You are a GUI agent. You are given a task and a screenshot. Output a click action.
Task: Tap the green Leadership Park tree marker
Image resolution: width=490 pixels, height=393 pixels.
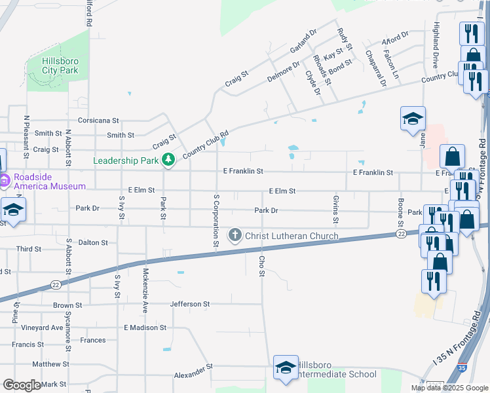[168, 160]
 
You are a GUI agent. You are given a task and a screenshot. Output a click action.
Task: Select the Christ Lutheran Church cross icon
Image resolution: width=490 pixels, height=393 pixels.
[235, 235]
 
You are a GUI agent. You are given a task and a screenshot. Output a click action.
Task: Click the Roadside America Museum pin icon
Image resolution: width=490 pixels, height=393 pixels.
[4, 179]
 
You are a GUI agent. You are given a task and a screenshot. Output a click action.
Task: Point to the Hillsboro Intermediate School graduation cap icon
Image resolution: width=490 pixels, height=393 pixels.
[285, 368]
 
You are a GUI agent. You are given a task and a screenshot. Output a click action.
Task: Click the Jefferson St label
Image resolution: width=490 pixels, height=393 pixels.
[189, 304]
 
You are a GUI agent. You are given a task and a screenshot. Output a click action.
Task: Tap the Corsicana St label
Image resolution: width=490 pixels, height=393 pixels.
[98, 121]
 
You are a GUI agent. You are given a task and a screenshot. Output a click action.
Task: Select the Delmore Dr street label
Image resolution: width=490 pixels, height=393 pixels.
[283, 71]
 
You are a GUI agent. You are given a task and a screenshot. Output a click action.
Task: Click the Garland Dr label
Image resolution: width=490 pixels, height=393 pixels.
[303, 41]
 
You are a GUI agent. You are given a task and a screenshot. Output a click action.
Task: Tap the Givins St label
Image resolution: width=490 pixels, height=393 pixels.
[335, 204]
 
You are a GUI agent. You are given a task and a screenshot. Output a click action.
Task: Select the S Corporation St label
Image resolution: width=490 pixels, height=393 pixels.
[216, 221]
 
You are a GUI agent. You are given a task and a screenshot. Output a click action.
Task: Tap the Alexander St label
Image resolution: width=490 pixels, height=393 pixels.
[194, 375]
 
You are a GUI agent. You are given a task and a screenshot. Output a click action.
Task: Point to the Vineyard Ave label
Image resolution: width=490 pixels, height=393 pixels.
[42, 327]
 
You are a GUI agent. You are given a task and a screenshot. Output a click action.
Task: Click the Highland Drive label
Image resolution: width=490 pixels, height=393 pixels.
[435, 45]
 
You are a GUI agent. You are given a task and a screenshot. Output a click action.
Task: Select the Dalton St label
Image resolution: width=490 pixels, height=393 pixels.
[93, 242]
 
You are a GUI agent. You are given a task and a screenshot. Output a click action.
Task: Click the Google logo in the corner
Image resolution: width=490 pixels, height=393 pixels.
[22, 385]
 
